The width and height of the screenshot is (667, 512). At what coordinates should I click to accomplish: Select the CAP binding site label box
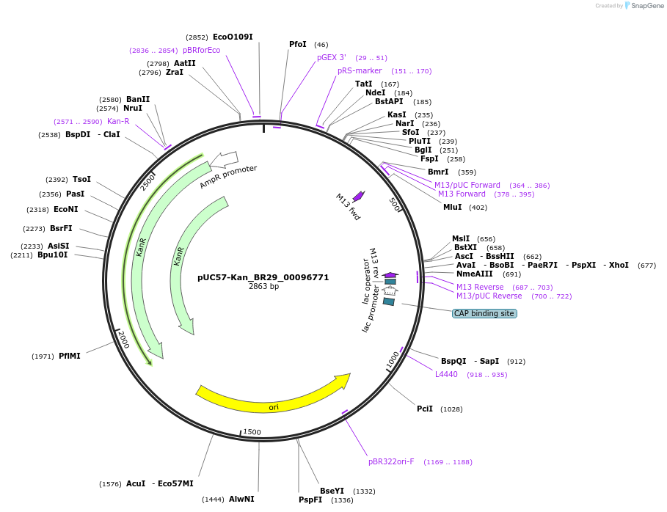click(484, 313)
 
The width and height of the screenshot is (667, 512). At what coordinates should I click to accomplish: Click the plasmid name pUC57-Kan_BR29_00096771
click(263, 278)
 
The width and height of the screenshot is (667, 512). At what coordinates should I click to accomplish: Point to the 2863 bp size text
click(263, 287)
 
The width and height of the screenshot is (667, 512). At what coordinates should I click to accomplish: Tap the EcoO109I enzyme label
click(233, 37)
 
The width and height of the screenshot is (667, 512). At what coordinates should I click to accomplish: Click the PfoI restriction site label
click(297, 45)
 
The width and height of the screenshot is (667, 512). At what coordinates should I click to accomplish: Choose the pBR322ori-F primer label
click(391, 462)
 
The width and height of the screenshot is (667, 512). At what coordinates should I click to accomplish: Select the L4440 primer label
click(446, 374)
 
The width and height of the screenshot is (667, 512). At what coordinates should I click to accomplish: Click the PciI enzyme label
click(425, 409)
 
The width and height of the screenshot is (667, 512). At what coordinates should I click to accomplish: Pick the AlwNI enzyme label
click(241, 499)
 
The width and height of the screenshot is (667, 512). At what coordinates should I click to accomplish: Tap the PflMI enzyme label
click(70, 356)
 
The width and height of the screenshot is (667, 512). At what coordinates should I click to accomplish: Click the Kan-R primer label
click(118, 122)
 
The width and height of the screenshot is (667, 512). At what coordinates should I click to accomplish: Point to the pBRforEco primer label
click(201, 50)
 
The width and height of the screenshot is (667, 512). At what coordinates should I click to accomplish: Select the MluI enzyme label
click(453, 207)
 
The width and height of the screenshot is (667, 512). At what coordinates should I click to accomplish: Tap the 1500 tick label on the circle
click(252, 432)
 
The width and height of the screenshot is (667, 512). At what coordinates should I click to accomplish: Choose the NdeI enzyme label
click(375, 92)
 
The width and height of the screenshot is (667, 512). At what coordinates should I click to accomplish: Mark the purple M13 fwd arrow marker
click(359, 196)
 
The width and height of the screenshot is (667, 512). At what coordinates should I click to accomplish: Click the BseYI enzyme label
click(332, 491)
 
